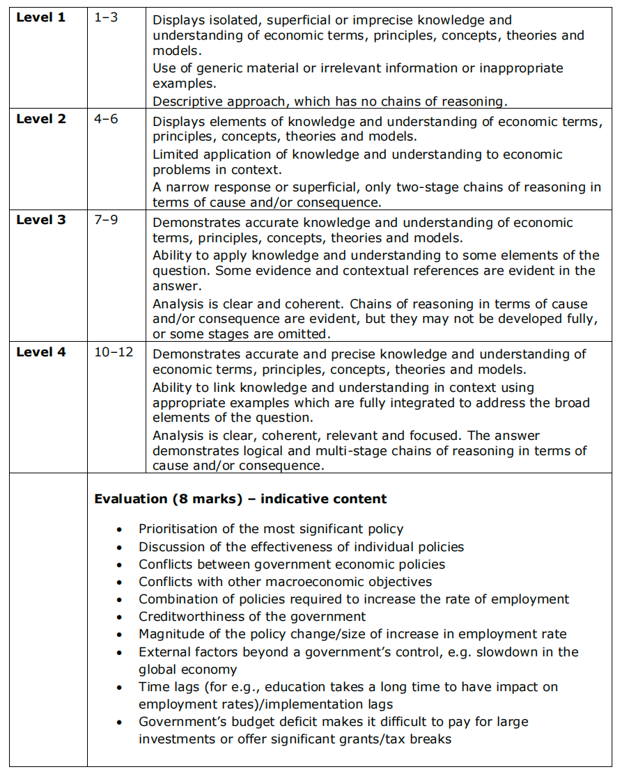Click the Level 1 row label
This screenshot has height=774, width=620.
click(x=41, y=17)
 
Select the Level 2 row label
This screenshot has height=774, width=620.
click(x=41, y=119)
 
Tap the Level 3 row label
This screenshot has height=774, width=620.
click(x=41, y=220)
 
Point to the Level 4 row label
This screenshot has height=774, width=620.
click(x=41, y=352)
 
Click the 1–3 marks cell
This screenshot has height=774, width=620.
click(x=106, y=17)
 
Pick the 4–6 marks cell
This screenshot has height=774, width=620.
click(x=106, y=119)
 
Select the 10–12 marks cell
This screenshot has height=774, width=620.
click(x=114, y=352)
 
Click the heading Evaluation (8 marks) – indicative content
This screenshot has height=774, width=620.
click(x=240, y=499)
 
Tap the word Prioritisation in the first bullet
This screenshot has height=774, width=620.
click(x=178, y=529)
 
